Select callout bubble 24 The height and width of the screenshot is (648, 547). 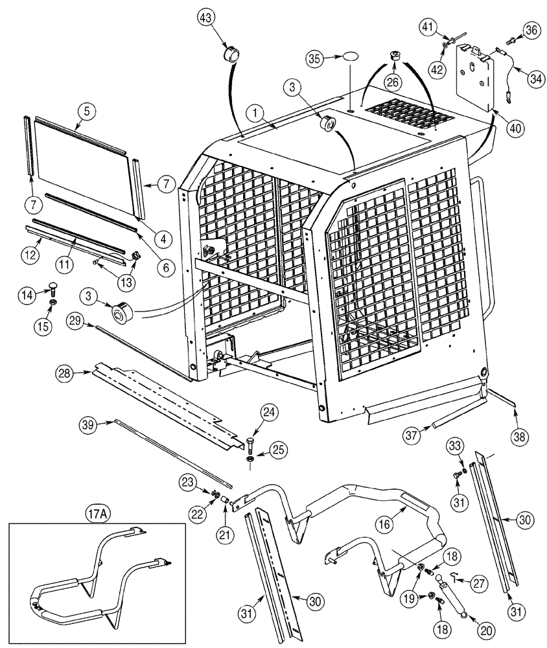point(269,411)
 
